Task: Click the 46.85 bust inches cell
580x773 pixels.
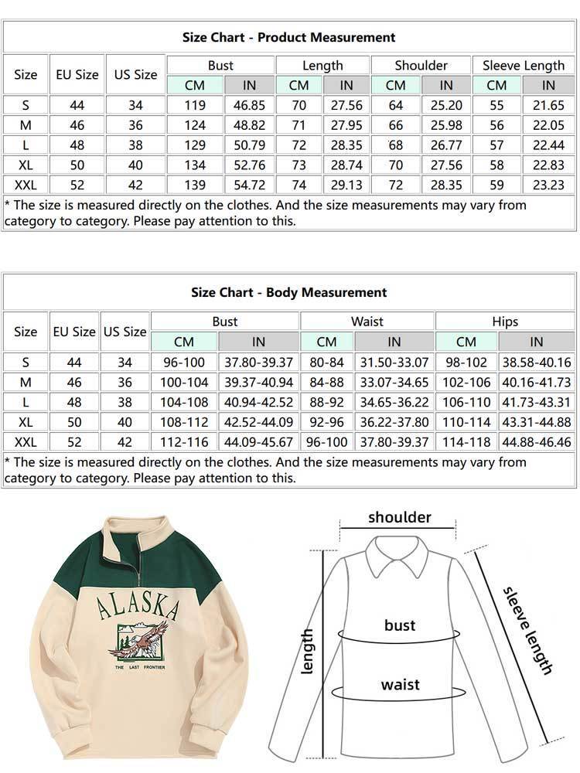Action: click(x=250, y=105)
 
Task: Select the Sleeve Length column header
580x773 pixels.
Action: click(x=523, y=66)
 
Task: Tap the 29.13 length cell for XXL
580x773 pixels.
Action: click(x=346, y=185)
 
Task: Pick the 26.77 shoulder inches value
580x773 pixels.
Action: click(x=446, y=145)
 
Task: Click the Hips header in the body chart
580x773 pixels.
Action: click(x=505, y=321)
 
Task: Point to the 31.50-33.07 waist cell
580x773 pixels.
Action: click(x=394, y=362)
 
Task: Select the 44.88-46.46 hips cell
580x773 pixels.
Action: click(x=536, y=441)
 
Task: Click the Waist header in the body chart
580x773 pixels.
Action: click(x=367, y=321)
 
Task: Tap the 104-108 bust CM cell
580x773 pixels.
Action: click(x=184, y=402)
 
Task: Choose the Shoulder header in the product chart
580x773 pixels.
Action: click(x=421, y=66)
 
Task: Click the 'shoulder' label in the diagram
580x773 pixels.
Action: click(x=400, y=517)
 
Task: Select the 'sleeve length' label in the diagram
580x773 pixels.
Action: click(x=528, y=630)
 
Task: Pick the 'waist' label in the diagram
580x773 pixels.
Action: click(x=401, y=684)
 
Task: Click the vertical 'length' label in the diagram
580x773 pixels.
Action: click(x=307, y=651)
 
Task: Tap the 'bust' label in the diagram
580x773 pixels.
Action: click(x=400, y=625)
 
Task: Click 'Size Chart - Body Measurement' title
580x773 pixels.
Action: click(x=288, y=292)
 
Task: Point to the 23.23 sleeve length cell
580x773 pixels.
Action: click(x=548, y=185)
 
